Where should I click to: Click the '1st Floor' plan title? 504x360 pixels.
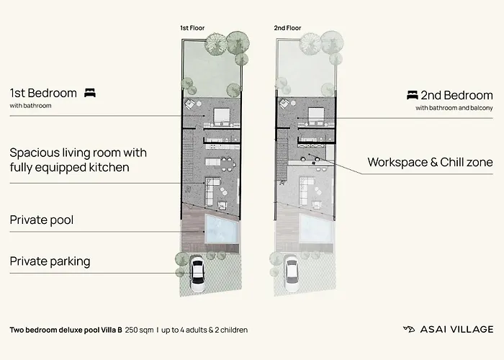coord(192,28)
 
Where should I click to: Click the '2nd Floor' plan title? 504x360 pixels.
coord(287,28)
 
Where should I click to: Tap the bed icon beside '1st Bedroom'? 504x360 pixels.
coord(90,93)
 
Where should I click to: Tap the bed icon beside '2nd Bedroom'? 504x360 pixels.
coord(413,95)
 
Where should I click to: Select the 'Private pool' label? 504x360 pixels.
coord(42,220)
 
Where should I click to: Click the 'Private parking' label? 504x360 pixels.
coord(50,261)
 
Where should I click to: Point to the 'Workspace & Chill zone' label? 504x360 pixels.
coord(430,162)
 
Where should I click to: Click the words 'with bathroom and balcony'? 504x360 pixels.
coord(454,108)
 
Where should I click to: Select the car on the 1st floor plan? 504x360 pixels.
coord(197,274)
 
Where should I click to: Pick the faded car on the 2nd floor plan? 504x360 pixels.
coord(291,274)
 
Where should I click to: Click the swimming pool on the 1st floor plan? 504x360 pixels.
coord(222,228)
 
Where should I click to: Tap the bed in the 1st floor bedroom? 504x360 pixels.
coord(222,116)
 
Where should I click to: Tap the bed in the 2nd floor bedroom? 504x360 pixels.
coord(316,116)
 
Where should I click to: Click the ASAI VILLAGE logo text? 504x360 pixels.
coord(456,330)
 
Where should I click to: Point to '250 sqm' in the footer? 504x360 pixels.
coord(139,330)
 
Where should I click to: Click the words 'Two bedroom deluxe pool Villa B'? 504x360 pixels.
coord(66,330)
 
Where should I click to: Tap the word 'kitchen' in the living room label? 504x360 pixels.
coord(109,168)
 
